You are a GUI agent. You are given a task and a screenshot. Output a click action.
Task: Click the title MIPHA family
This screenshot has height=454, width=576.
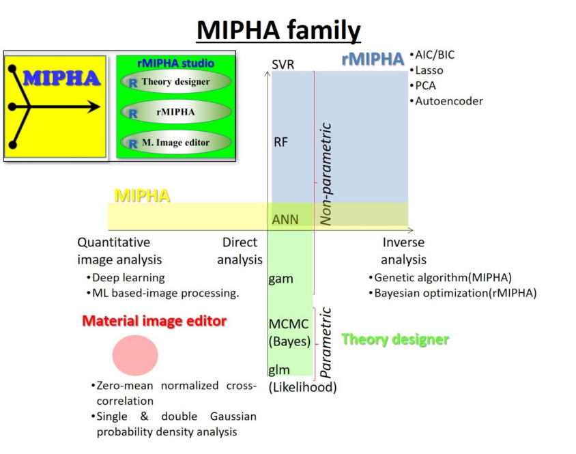point(279,30)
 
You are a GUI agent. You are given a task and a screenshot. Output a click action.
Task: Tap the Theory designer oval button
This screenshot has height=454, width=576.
point(176,82)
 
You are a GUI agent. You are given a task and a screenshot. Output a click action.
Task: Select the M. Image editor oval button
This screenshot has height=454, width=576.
point(176,142)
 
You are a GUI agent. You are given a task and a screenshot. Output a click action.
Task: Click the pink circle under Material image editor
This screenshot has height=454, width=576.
point(135,355)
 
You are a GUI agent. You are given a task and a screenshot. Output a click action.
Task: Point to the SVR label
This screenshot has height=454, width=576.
point(283,65)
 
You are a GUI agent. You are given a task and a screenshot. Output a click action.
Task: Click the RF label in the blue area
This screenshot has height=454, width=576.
point(280,142)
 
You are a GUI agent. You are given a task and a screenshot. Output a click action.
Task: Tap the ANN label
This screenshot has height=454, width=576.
point(285,219)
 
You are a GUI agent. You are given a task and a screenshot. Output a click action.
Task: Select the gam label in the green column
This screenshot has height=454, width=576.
point(280,279)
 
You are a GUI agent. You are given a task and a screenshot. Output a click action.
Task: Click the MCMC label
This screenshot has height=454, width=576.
point(289,324)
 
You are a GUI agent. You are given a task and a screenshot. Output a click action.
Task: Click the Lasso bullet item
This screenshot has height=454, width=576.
point(427,70)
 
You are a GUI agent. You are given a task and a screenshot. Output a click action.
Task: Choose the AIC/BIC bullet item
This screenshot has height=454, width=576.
point(433,55)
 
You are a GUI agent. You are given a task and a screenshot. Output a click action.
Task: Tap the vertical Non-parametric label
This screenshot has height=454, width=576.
point(326,174)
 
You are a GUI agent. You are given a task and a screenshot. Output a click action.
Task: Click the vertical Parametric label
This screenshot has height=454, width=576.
point(326,343)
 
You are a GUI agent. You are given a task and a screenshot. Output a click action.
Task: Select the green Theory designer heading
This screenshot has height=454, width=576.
point(395,339)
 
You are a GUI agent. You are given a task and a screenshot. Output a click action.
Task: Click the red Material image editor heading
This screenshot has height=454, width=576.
point(154,321)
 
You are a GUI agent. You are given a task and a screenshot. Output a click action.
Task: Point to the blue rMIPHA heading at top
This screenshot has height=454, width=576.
point(373,59)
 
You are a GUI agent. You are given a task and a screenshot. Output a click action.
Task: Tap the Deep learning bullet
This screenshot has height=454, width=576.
point(126,278)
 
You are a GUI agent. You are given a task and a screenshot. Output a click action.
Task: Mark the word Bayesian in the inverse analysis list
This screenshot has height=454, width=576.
point(397,293)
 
